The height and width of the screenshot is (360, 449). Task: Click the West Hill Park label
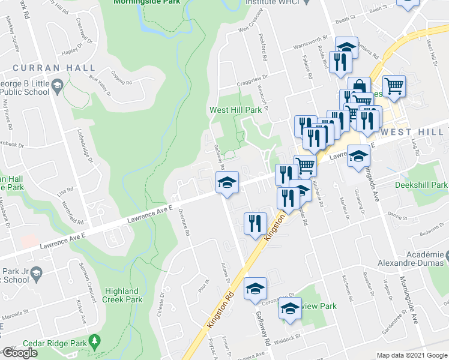(235, 110)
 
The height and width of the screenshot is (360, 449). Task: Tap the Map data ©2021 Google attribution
(411, 355)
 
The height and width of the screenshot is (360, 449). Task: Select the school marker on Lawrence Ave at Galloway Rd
(228, 182)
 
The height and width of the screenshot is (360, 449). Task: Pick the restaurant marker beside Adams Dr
(255, 223)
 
